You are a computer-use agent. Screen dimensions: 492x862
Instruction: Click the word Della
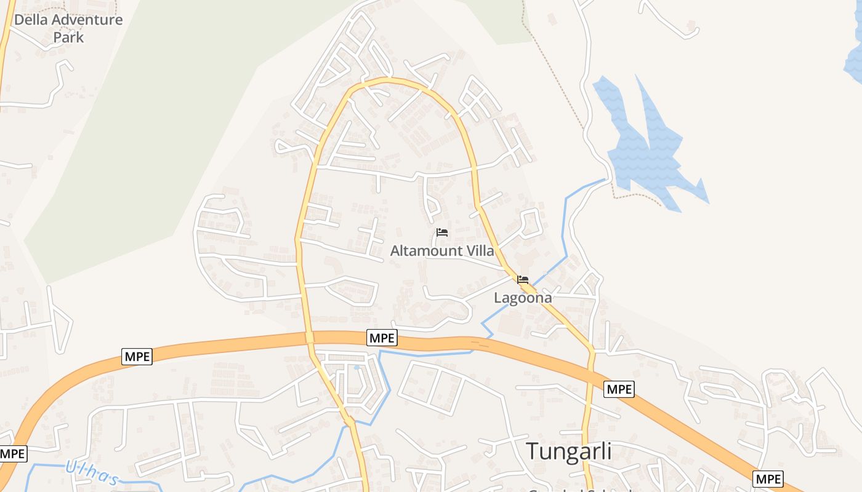31,20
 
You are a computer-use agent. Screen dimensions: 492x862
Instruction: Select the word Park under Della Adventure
68,37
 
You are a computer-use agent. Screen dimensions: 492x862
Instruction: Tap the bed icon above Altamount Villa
441,232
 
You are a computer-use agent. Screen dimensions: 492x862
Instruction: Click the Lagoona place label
523,298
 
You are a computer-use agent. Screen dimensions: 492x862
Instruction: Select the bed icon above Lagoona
523,280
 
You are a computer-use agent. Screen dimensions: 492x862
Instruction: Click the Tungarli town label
568,451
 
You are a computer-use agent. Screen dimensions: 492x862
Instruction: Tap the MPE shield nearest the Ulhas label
13,454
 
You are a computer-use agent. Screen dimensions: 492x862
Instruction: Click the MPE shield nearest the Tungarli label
619,389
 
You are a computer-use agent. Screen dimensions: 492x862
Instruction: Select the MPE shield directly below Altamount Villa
382,338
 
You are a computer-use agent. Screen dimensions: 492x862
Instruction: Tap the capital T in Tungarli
533,451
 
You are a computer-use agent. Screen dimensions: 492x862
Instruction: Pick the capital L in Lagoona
499,298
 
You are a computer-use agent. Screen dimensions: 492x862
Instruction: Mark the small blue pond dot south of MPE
356,368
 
